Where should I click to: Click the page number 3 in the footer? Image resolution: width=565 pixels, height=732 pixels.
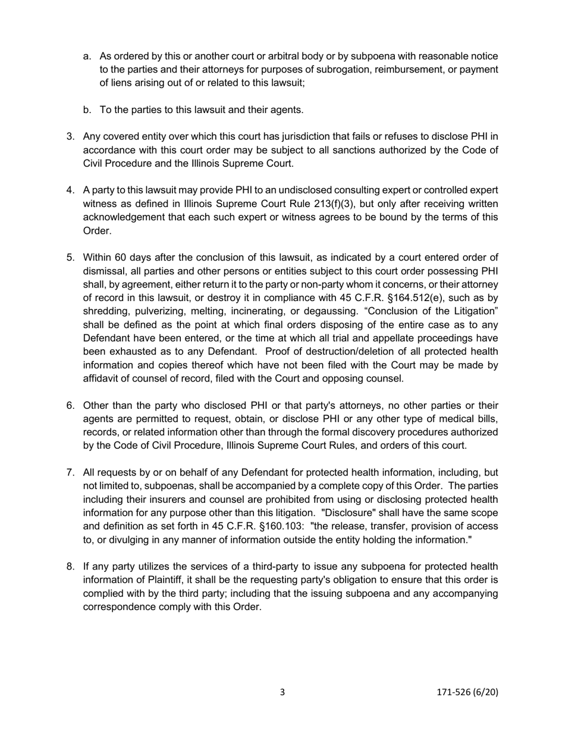[x=282, y=692]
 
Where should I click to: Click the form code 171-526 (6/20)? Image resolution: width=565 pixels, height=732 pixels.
[x=467, y=692]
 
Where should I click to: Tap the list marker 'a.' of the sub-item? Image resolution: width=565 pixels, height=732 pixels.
[x=87, y=57]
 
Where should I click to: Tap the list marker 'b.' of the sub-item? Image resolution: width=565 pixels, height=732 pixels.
[x=87, y=110]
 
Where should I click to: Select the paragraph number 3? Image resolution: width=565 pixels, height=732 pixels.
[x=70, y=137]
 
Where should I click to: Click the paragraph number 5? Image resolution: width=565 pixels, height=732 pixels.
[x=70, y=258]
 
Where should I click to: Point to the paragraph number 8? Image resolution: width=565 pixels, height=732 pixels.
[x=70, y=567]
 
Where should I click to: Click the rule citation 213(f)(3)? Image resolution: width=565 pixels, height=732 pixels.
[x=310, y=204]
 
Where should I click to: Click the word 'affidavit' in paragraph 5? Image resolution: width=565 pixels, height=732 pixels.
[x=102, y=378]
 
